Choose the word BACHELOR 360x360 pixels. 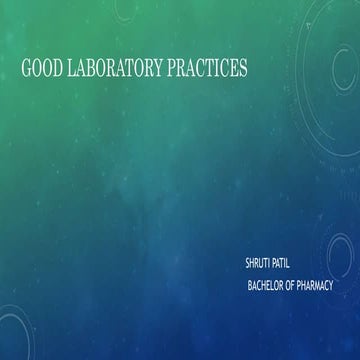click(268, 285)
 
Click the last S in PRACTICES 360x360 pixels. click(242, 69)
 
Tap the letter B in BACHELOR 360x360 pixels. click(250, 285)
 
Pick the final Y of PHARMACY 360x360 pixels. click(331, 285)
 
